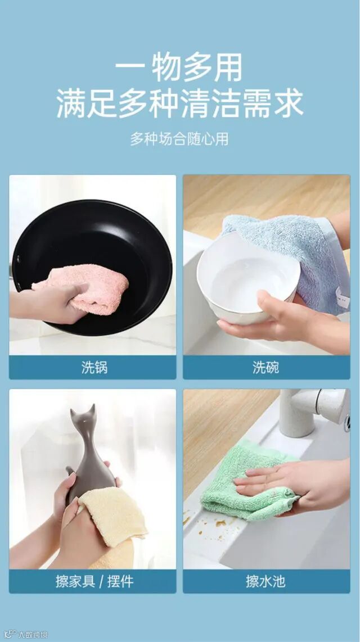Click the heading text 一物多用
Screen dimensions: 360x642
pos(178,67)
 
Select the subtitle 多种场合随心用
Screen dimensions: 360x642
pos(179,139)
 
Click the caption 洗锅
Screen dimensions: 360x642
pos(94,367)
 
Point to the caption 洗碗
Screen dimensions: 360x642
pos(266,367)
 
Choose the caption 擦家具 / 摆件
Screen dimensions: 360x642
pos(94,581)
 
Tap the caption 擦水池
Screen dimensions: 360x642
pos(266,581)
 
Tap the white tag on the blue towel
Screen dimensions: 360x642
pos(342,297)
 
